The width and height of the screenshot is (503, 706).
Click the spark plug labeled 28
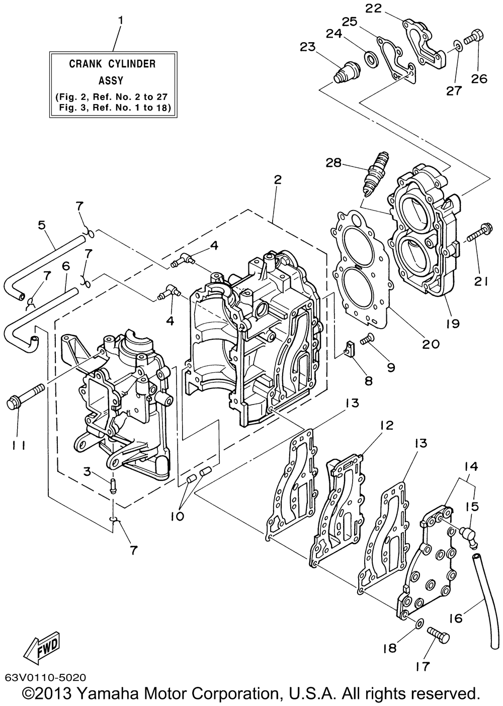click(x=376, y=174)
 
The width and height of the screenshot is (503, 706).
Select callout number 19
click(x=453, y=323)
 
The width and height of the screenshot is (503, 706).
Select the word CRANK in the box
click(x=85, y=64)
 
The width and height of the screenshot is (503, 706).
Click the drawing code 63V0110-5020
click(x=45, y=676)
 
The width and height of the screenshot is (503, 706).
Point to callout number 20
click(x=431, y=343)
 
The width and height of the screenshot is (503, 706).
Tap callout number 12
click(x=387, y=426)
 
